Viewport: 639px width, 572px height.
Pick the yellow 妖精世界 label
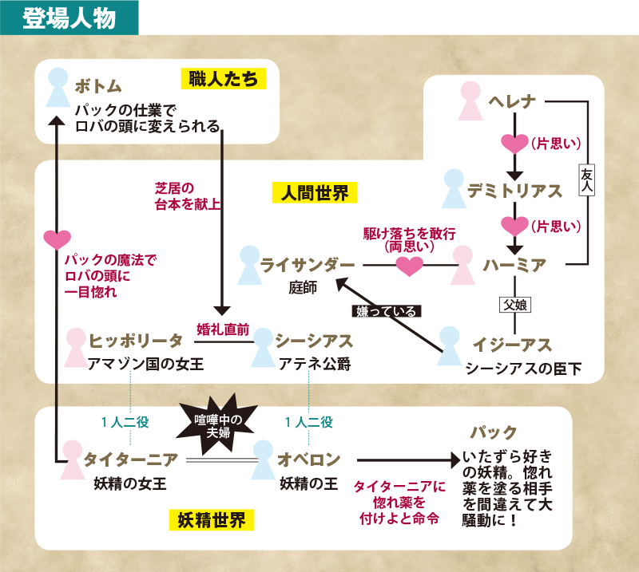click(212, 521)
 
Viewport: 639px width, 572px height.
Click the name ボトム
click(100, 85)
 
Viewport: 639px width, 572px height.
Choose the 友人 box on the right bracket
click(587, 183)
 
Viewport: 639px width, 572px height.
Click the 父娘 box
click(515, 304)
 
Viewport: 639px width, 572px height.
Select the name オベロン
click(309, 460)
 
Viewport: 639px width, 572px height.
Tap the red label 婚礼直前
click(223, 328)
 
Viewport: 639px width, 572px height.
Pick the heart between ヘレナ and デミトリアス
click(514, 144)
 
